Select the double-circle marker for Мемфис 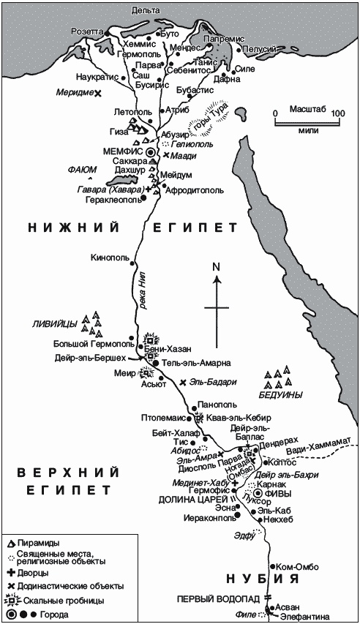[x=151, y=152]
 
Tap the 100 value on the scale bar [x=337, y=114]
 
